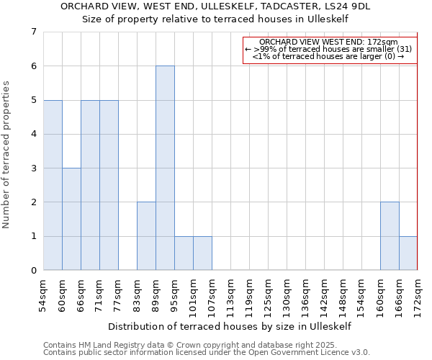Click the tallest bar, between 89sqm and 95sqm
(165, 168)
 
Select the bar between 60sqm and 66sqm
(71, 219)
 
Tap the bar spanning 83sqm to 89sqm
(146, 236)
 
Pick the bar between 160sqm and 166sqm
(390, 236)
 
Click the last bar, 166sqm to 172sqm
(408, 253)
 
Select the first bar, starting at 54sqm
(53, 185)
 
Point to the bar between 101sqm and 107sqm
(202, 253)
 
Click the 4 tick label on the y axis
(33, 134)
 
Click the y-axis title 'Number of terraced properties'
(7, 154)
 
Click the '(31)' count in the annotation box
(403, 49)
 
